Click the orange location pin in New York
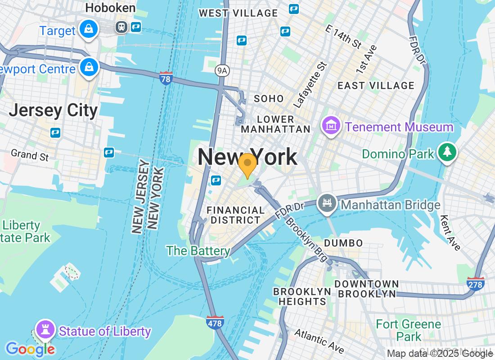(247, 164)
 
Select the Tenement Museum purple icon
(331, 126)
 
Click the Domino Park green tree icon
(447, 152)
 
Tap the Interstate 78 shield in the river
(166, 78)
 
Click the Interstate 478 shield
(216, 322)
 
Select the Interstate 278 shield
(475, 283)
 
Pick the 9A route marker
(221, 70)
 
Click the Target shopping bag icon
(89, 29)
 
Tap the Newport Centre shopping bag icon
(89, 67)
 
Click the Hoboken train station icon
(121, 27)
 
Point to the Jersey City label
(53, 110)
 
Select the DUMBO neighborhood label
(344, 243)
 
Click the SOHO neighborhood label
(269, 99)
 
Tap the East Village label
(376, 85)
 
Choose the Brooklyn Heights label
(302, 296)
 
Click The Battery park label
(198, 251)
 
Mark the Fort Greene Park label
(409, 330)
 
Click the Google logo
(30, 349)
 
